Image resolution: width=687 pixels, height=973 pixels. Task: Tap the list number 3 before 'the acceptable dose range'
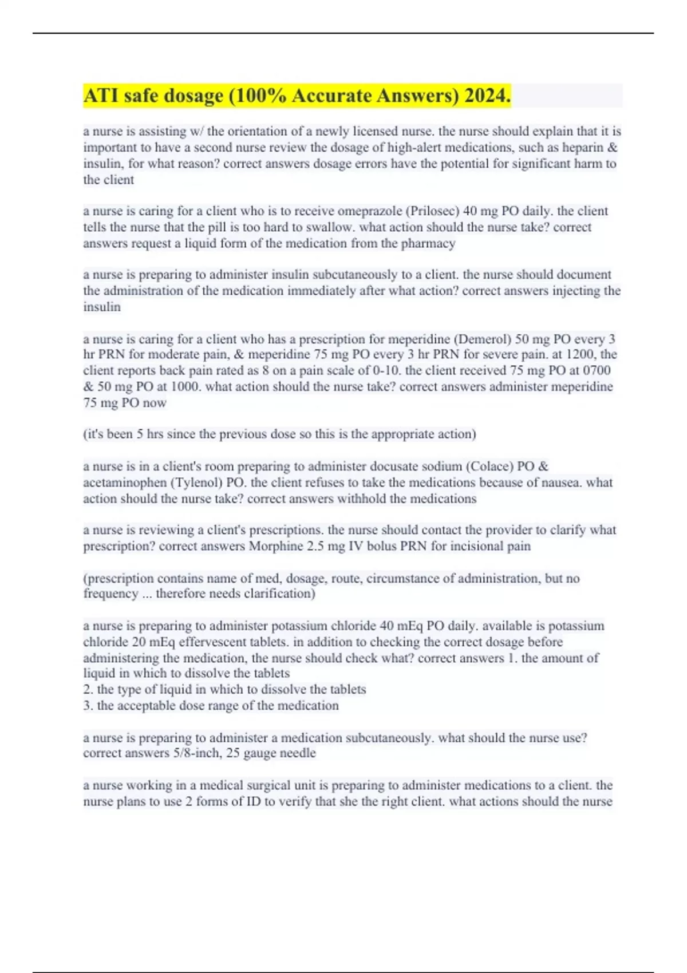[x=88, y=706]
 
